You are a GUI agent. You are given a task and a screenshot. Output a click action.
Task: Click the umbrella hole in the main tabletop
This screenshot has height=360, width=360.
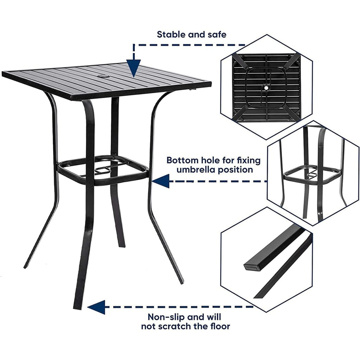(x=103, y=76)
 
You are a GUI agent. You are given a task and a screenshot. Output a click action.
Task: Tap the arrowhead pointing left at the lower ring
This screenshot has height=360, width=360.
(x=161, y=181)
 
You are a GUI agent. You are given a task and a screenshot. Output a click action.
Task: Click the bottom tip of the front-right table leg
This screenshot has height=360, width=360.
(x=181, y=281)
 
